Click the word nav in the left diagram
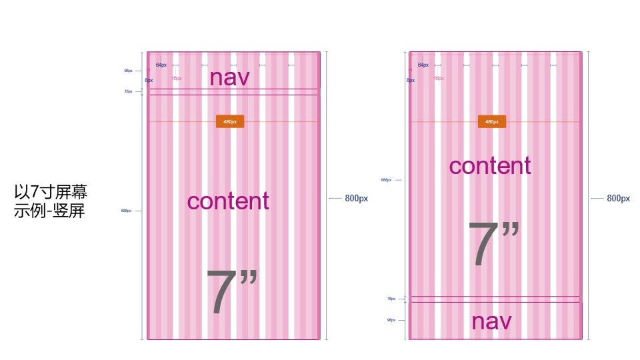tap(229, 77)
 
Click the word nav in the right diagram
tap(491, 321)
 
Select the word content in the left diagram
tap(228, 201)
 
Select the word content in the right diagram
tap(490, 165)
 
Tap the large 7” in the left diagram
tap(231, 292)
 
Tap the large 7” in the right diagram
tap(493, 244)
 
